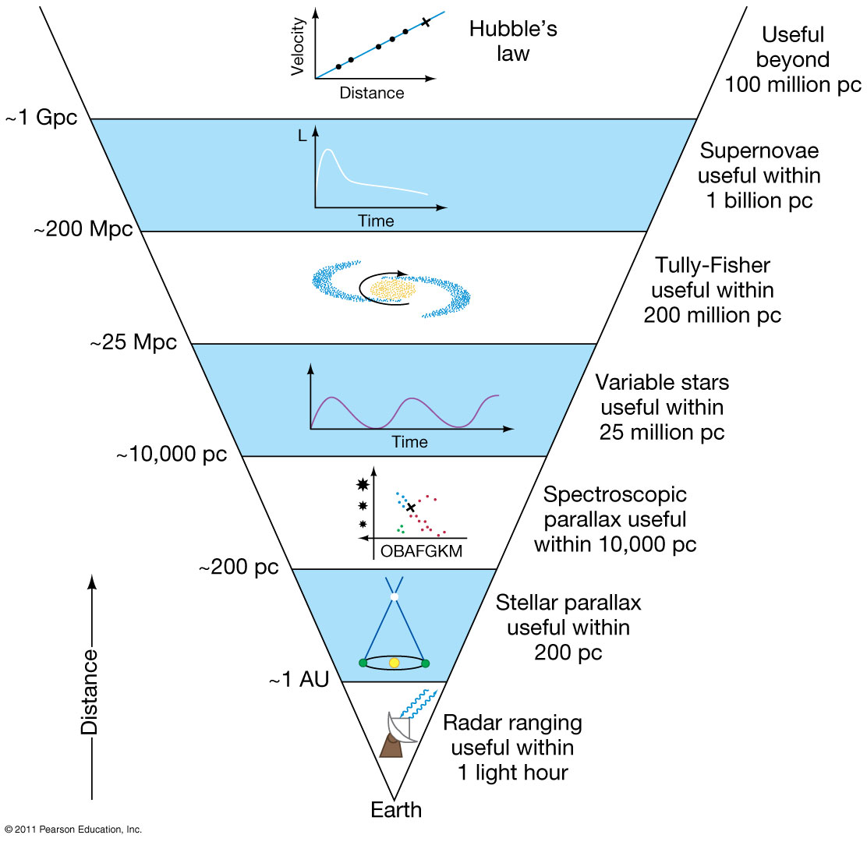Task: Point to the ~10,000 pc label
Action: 172,455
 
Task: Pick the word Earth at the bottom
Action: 396,809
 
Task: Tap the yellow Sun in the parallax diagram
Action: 394,663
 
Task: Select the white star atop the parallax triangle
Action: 395,596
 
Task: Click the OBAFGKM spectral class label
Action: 421,552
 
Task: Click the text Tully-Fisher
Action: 712,266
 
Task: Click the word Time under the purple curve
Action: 410,442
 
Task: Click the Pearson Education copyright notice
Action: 73,830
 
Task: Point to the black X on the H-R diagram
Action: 411,508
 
